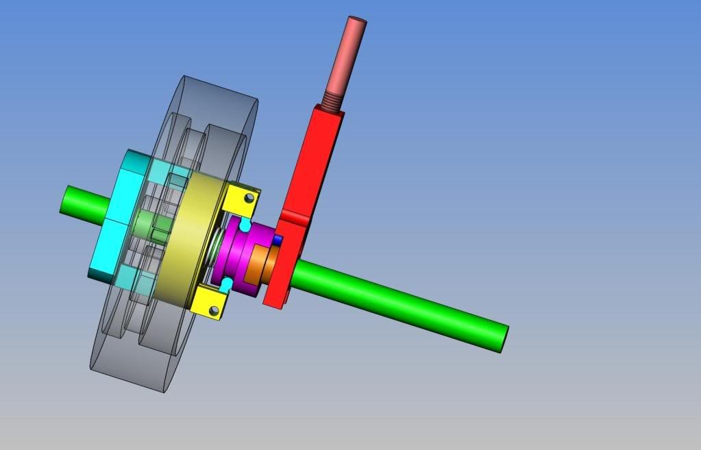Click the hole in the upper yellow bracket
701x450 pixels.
coord(249,199)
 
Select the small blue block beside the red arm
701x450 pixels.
coord(278,240)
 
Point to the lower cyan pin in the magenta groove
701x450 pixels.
coord(227,283)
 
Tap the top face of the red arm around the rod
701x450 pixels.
coord(329,110)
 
